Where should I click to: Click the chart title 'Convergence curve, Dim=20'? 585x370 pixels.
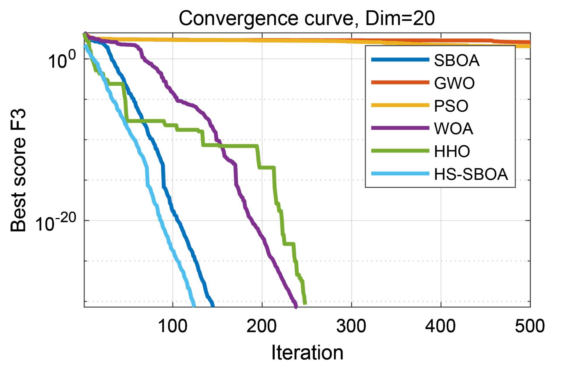[x=307, y=18]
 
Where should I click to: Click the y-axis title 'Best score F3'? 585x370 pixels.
[x=18, y=170]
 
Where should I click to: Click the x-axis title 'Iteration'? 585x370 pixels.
[x=307, y=352]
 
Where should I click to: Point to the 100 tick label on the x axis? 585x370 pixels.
[x=173, y=326]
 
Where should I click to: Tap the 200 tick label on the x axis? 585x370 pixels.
[x=261, y=326]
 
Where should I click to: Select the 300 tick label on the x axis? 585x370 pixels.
[x=351, y=326]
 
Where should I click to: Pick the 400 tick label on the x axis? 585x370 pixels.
[x=440, y=326]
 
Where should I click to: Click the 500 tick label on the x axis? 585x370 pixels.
[x=530, y=326]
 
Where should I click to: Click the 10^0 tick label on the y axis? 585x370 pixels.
[x=61, y=60]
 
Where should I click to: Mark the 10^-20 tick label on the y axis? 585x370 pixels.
[x=56, y=223]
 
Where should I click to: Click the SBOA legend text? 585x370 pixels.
[x=457, y=60]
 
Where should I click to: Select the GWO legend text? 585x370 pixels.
[x=454, y=83]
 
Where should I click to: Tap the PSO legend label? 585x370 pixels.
[x=451, y=106]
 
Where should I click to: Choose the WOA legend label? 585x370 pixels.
[x=453, y=129]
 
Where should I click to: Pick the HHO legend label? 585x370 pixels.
[x=452, y=151]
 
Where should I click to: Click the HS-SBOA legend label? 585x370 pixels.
[x=471, y=174]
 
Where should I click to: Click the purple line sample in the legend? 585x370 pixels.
[x=400, y=128]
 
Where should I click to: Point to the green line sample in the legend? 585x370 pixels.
[x=400, y=151]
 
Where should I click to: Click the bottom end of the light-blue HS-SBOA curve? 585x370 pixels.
[x=194, y=306]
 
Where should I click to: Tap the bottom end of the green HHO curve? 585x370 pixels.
[x=305, y=303]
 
